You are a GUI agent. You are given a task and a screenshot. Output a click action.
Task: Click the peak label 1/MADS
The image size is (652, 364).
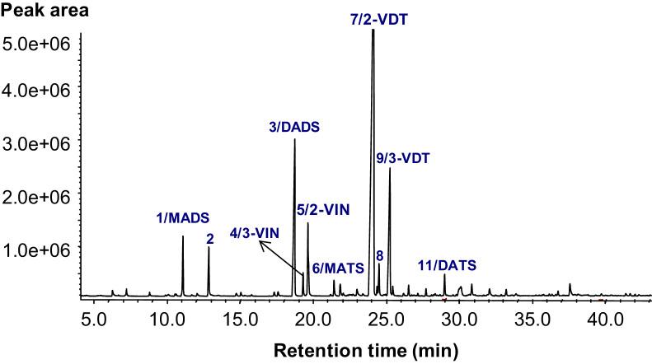183,218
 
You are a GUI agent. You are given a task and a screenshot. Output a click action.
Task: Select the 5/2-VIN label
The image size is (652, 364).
323,210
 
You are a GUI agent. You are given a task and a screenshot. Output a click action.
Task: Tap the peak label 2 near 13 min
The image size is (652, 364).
210,239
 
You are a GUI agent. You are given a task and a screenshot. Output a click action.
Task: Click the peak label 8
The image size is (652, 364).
379,255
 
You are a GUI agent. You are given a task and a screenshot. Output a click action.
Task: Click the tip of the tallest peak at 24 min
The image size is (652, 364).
373,30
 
